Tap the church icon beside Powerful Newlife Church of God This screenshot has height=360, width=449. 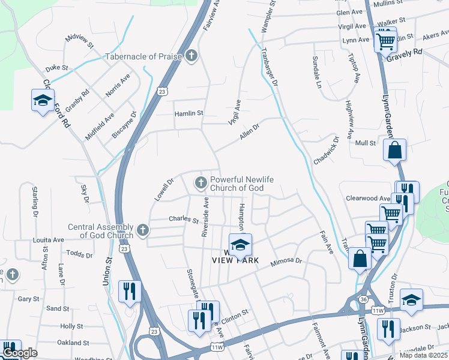[x=200, y=182]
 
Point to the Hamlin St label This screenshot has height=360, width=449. [x=189, y=113]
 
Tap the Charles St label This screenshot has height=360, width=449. [x=183, y=220]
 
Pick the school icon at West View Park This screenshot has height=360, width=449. [x=240, y=245]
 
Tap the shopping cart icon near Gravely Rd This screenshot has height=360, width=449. [x=385, y=41]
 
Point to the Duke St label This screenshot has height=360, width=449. [x=57, y=68]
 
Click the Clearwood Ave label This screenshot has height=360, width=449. [x=368, y=198]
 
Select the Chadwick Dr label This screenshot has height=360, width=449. [x=327, y=151]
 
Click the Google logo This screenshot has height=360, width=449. [x=20, y=353]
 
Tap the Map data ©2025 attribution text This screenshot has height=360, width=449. [x=423, y=355]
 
